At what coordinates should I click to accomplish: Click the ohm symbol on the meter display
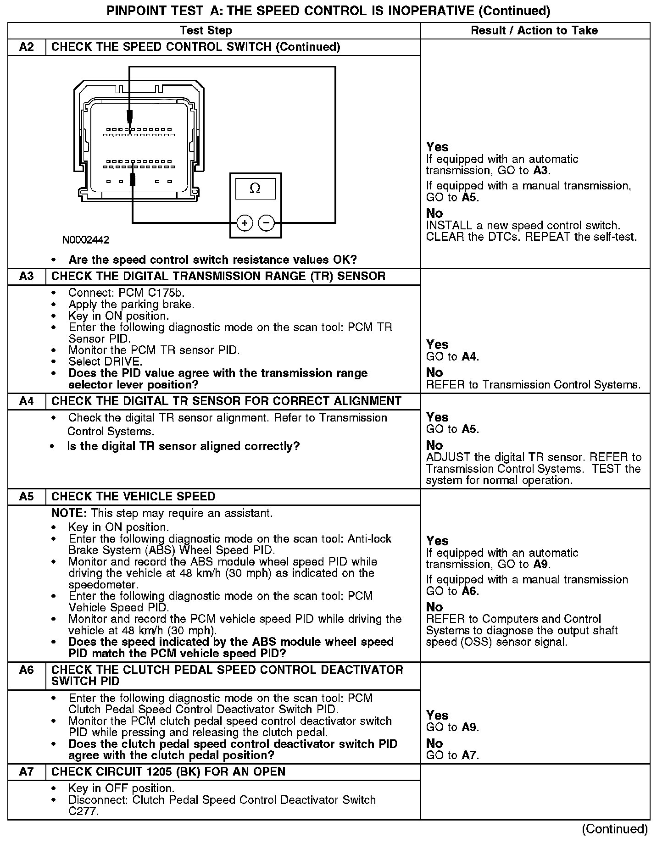click(255, 189)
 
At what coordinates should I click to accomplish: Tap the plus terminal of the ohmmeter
click(245, 223)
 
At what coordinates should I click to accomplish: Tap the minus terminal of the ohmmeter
click(267, 223)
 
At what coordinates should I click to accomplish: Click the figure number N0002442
click(86, 240)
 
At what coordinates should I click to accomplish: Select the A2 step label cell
click(27, 47)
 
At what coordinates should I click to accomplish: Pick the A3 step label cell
click(27, 276)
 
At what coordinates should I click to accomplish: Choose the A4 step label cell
click(27, 401)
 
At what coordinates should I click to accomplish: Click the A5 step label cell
click(27, 497)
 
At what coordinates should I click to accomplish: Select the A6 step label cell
click(27, 670)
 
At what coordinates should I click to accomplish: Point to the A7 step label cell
click(27, 772)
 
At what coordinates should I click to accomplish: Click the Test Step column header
click(206, 31)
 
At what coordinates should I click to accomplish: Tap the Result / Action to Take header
click(534, 31)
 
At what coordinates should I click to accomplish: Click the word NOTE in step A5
click(69, 513)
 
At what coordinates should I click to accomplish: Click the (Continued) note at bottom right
click(615, 829)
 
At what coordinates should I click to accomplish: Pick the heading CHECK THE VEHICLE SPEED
click(134, 497)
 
